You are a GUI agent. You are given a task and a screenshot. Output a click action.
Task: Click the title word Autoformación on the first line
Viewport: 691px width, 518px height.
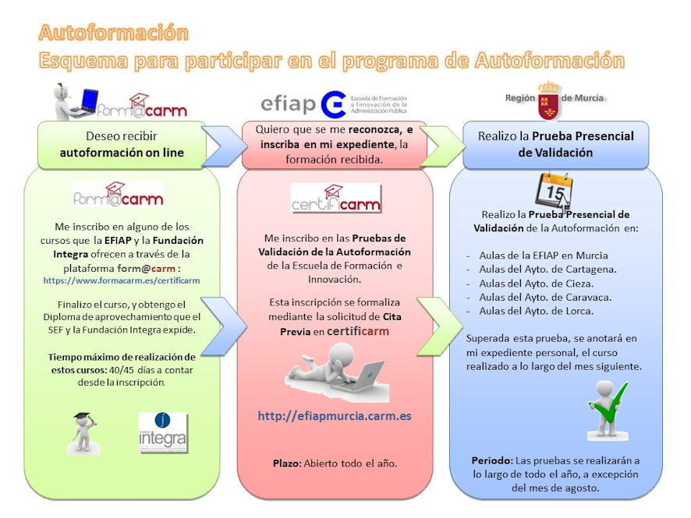(114, 33)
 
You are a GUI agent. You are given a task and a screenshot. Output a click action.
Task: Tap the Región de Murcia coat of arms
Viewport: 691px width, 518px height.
(549, 99)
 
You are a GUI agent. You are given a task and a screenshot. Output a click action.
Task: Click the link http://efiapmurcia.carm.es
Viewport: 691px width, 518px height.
(335, 416)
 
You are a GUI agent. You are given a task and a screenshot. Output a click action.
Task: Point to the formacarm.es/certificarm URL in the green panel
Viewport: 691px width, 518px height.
(122, 280)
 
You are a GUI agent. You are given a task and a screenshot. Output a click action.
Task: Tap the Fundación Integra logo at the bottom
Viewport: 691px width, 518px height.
(163, 432)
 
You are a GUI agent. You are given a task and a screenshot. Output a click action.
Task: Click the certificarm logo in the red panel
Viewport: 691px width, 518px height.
(336, 199)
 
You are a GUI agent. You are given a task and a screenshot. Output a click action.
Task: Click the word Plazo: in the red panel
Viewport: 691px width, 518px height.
(287, 463)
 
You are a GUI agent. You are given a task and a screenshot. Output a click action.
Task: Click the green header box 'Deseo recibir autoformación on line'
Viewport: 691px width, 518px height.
(123, 145)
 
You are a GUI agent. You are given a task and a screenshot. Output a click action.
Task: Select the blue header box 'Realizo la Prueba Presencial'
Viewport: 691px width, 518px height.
(555, 145)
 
